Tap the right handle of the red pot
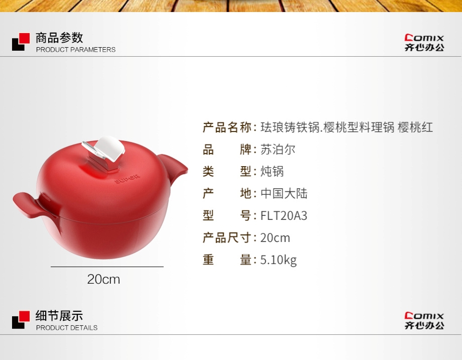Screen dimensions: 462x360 [174, 167]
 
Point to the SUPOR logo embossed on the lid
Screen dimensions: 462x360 [127, 179]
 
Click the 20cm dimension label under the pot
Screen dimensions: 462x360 [104, 279]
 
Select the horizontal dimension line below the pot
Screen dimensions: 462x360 [107, 267]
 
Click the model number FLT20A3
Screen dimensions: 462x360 [284, 216]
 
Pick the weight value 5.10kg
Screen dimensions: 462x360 [278, 260]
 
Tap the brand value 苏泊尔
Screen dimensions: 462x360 [278, 150]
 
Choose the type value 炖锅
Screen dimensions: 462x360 [272, 171]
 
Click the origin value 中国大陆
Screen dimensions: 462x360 [284, 193]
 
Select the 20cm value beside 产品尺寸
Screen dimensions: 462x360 [275, 238]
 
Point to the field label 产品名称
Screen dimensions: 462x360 [227, 128]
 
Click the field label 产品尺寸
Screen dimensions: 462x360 [227, 238]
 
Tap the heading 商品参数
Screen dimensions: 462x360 [59, 38]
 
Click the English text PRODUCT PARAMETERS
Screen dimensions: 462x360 [76, 50]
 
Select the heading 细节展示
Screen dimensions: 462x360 [59, 316]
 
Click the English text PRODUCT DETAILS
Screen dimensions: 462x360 [67, 328]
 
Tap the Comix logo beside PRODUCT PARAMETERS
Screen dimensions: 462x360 [424, 43]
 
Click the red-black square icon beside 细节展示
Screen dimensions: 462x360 [21, 320]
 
